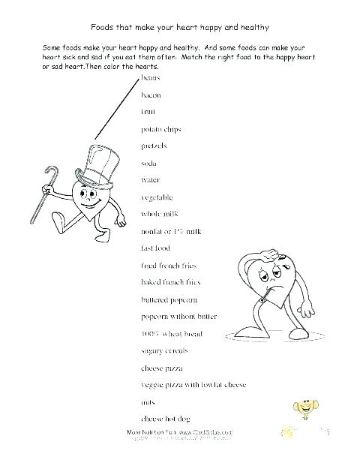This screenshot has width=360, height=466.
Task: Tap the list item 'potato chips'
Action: tap(160, 128)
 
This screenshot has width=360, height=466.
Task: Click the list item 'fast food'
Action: tap(156, 248)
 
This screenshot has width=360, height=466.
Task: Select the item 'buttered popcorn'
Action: tap(167, 299)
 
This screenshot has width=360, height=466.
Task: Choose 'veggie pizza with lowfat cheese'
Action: tap(193, 384)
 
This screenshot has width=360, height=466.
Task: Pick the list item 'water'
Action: tap(150, 180)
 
